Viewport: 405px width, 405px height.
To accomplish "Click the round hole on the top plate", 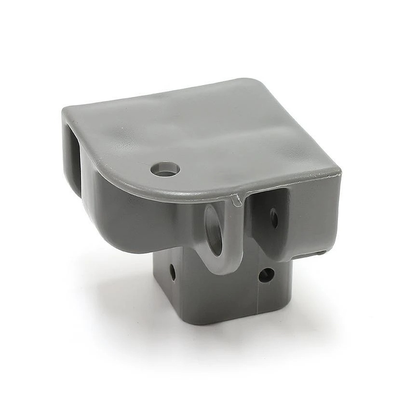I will pos(165,169).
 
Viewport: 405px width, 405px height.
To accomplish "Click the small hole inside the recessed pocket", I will pos(274,218).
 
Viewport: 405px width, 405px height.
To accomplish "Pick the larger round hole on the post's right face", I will pos(266,275).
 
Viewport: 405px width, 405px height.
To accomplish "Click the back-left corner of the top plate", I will pos(65,110).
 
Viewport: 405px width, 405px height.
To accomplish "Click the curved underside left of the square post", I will pos(130,241).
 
